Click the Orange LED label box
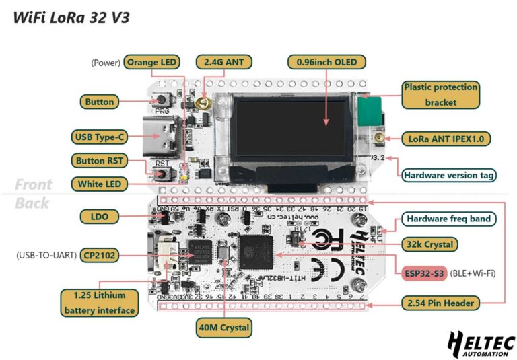click(x=151, y=63)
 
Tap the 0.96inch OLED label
click(x=326, y=63)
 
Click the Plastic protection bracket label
click(x=441, y=95)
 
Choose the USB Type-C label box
click(x=100, y=137)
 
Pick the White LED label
click(x=99, y=184)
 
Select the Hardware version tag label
click(x=449, y=176)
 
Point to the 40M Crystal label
click(x=223, y=328)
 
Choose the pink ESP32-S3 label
click(x=423, y=274)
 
